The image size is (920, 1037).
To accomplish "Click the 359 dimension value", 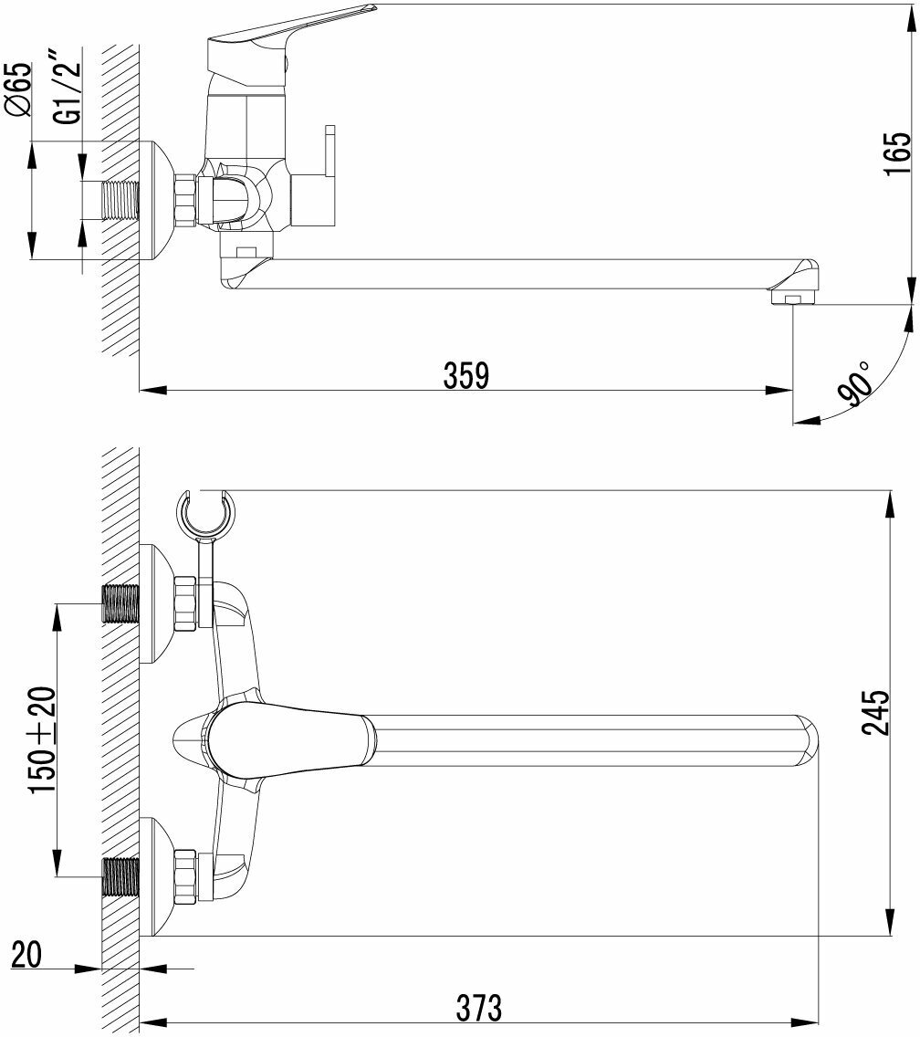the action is [x=465, y=375].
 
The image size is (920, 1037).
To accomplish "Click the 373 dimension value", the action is [x=478, y=1008].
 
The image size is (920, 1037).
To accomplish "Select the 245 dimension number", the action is [x=874, y=713].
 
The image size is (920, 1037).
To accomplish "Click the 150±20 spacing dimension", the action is [x=43, y=739].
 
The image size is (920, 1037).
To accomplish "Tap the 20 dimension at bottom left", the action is [x=27, y=955].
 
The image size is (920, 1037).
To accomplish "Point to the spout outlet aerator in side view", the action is [x=790, y=298].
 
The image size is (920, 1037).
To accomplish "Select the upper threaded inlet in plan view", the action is [x=120, y=604].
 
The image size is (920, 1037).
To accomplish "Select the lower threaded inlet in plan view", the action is [x=120, y=878].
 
